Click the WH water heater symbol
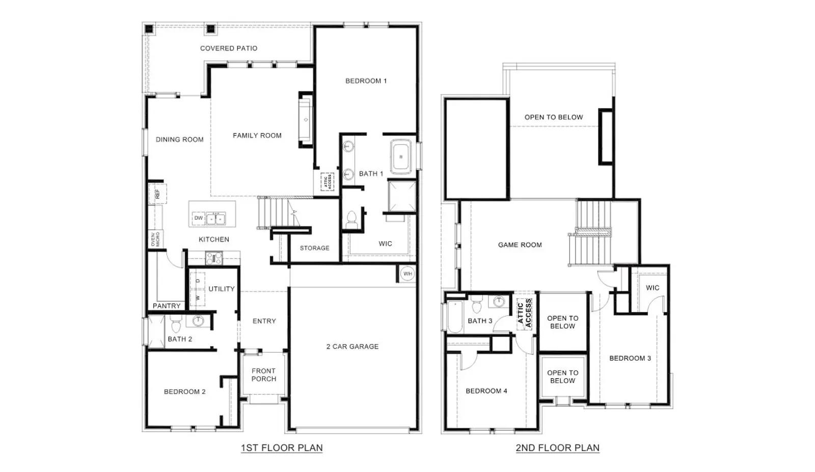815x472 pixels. tap(407, 274)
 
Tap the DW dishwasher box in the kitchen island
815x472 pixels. tap(198, 218)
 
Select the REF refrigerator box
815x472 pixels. tap(157, 194)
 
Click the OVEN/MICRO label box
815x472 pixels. tap(156, 239)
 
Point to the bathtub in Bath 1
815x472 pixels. tap(401, 157)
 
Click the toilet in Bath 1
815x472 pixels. tap(351, 220)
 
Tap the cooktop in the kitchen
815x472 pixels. tap(214, 258)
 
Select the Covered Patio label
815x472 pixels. tap(229, 48)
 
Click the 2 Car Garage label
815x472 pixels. tap(352, 346)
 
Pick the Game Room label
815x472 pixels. tap(520, 245)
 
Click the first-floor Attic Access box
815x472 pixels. tap(327, 181)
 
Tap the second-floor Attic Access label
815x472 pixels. tap(524, 313)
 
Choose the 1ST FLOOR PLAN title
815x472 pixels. tap(282, 448)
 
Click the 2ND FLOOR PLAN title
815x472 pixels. tap(557, 448)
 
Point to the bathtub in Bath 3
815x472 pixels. tap(455, 317)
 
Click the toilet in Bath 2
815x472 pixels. tap(176, 323)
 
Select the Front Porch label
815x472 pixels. tap(264, 375)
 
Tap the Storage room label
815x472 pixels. tap(314, 248)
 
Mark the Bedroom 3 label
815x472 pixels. tap(630, 358)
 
